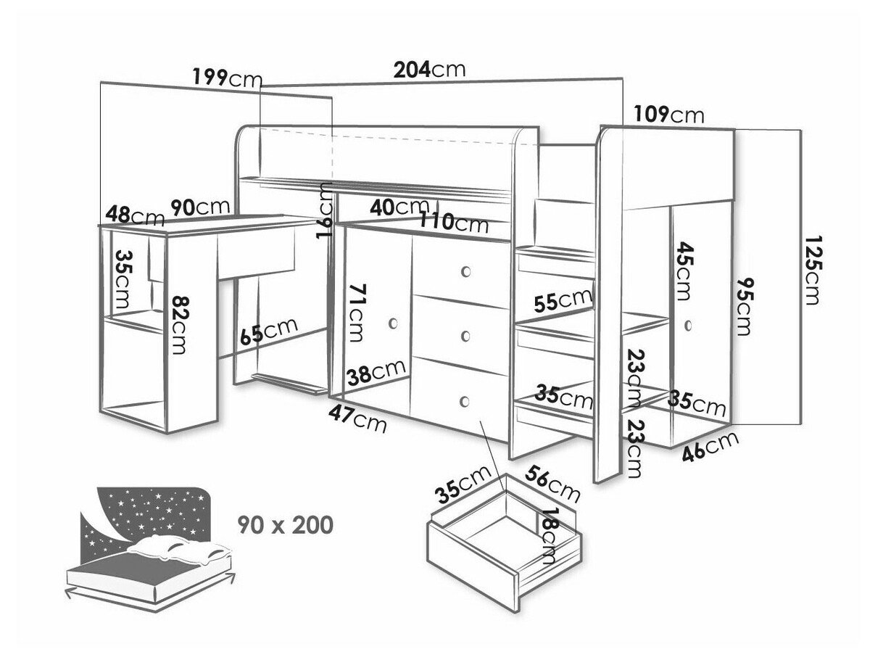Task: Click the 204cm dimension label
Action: (x=429, y=70)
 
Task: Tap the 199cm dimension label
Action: (x=228, y=78)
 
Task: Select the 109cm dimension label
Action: (x=669, y=114)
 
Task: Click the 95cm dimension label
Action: (x=744, y=306)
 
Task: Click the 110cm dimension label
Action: (x=454, y=223)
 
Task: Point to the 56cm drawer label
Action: (x=552, y=484)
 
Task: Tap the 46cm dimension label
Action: (x=710, y=446)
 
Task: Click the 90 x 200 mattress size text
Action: (x=286, y=525)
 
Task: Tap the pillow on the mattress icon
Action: (x=179, y=549)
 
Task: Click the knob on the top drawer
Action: (x=466, y=272)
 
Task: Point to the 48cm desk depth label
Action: (x=135, y=217)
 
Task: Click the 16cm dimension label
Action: (x=325, y=210)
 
